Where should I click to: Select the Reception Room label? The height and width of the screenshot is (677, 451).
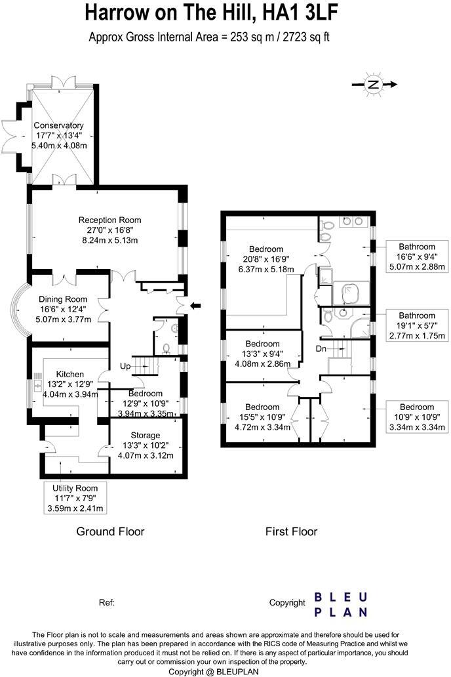click(109, 230)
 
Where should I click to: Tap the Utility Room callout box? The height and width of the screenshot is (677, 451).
click(77, 498)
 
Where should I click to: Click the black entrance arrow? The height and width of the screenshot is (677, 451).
click(195, 304)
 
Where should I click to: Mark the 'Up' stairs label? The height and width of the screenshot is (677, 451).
click(125, 365)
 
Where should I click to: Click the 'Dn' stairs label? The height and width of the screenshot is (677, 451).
click(321, 348)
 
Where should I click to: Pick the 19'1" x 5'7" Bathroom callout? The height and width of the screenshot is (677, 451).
click(417, 325)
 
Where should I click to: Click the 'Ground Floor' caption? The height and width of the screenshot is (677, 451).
click(110, 531)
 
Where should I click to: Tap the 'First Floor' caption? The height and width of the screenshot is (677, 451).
click(291, 531)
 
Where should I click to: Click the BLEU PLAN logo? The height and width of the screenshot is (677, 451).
click(340, 604)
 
